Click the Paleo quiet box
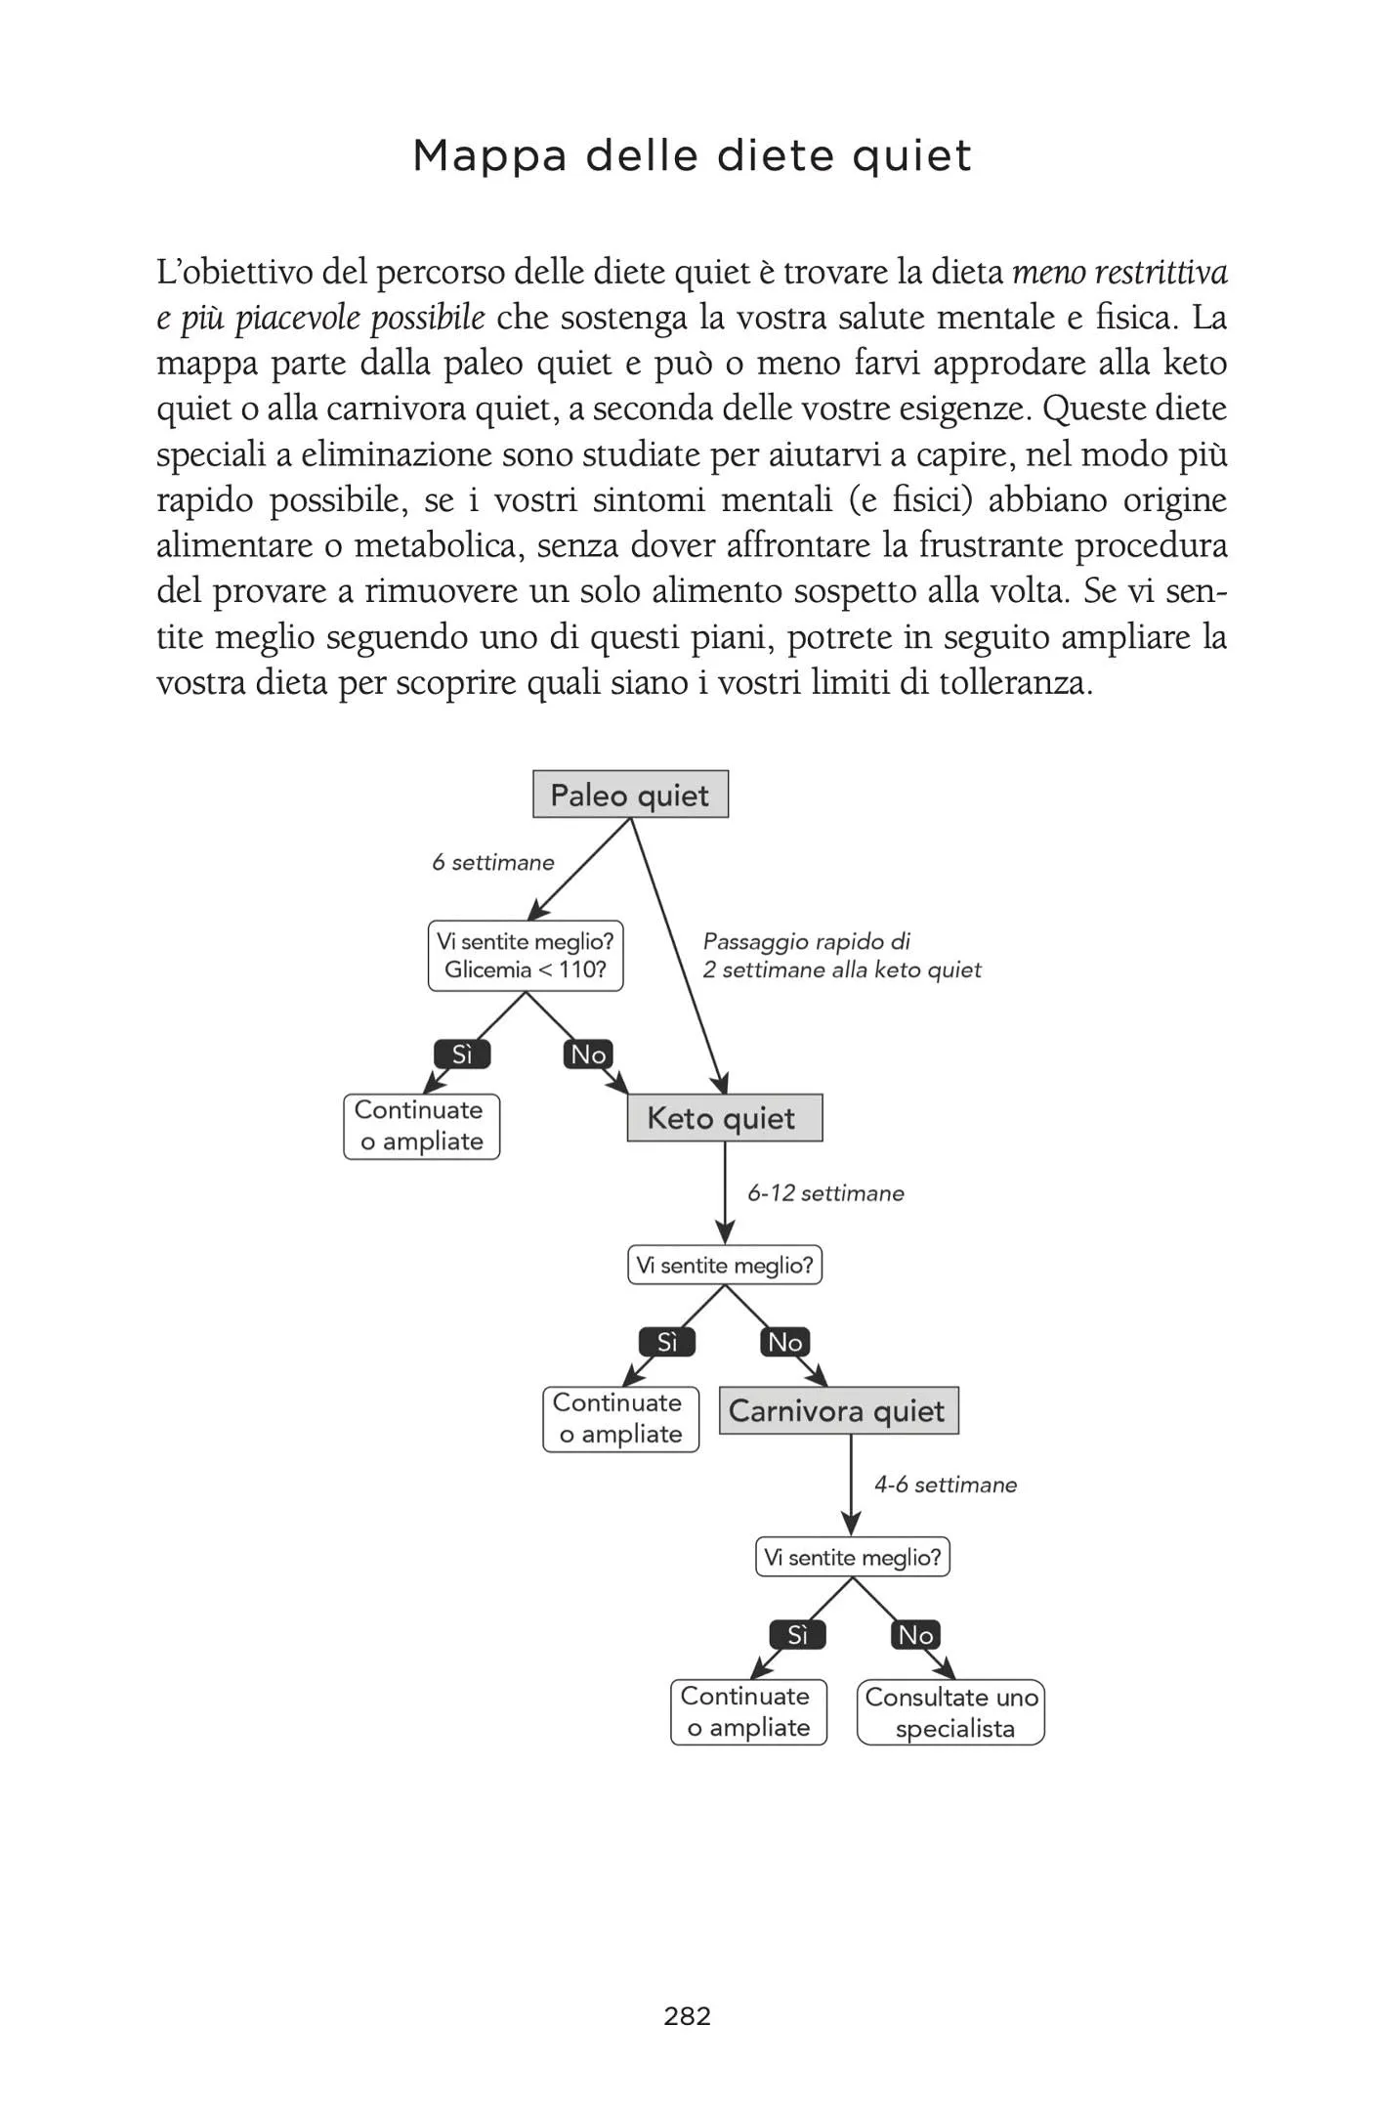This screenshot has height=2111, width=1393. click(x=630, y=795)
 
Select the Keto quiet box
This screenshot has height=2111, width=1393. click(x=724, y=1118)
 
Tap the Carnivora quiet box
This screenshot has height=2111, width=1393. click(x=838, y=1411)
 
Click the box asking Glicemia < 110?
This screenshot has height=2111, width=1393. click(x=526, y=956)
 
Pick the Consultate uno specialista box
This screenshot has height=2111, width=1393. click(x=950, y=1712)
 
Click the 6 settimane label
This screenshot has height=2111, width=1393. click(x=492, y=863)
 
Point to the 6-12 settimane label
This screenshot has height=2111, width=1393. click(x=825, y=1193)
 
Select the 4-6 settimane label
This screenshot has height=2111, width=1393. click(x=945, y=1486)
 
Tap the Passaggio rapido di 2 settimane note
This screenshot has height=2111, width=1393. click(x=840, y=956)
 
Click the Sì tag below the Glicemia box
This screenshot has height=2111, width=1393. click(x=462, y=1055)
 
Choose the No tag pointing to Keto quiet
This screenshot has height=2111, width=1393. click(x=588, y=1055)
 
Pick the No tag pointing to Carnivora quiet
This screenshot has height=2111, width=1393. click(x=785, y=1343)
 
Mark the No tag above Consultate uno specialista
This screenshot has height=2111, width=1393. click(x=915, y=1635)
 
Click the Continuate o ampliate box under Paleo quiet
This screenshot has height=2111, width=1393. click(x=421, y=1126)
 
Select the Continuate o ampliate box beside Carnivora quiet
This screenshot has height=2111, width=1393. click(x=620, y=1419)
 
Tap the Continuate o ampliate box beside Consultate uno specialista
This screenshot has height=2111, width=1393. click(x=748, y=1712)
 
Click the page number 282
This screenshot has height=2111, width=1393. click(x=687, y=2016)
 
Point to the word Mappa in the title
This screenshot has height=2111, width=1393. click(x=489, y=156)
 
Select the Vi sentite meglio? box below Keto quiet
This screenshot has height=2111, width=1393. click(x=724, y=1266)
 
